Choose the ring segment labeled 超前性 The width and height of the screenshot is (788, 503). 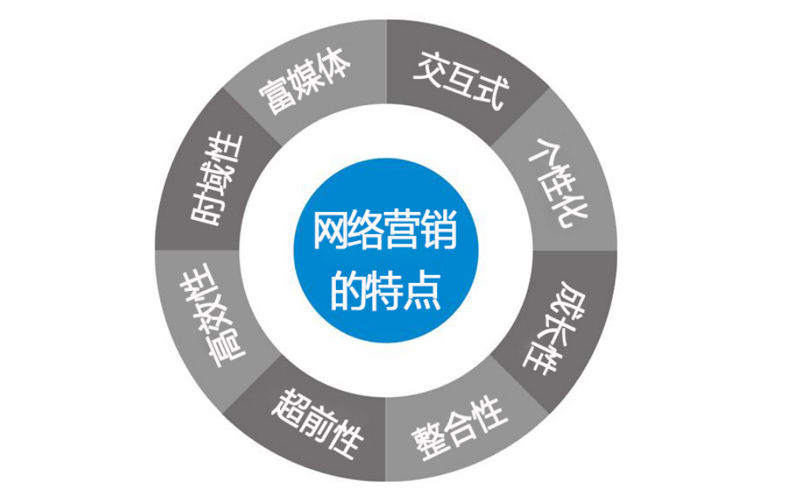(316, 427)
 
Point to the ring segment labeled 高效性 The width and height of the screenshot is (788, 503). (212, 323)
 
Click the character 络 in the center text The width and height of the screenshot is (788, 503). (368, 233)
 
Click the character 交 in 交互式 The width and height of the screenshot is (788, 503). (431, 70)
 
